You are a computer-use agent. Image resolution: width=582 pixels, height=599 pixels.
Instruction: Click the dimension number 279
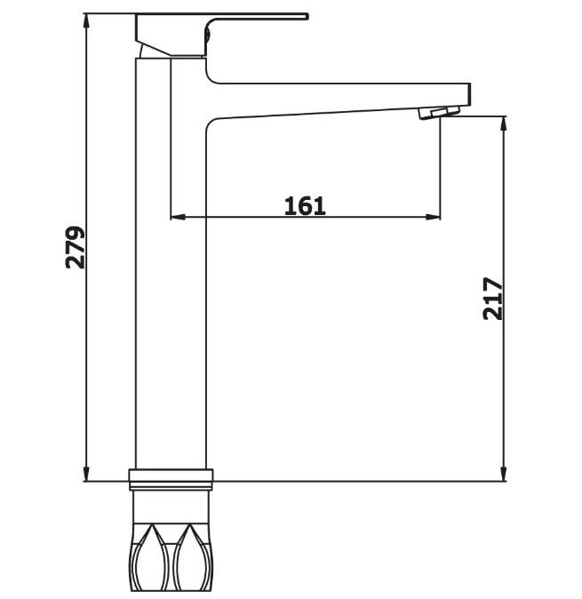coord(76,248)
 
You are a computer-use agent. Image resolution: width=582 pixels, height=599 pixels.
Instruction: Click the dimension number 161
coord(305,206)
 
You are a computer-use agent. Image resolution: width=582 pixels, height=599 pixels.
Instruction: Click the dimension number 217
coord(493,299)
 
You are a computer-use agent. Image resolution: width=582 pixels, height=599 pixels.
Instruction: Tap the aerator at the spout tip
coord(439,113)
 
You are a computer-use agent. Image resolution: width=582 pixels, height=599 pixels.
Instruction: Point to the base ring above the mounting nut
coord(171,479)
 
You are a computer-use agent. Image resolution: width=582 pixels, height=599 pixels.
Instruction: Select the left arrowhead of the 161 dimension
coord(178,217)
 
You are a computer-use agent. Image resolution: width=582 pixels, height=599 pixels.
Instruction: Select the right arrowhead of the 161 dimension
coord(433,217)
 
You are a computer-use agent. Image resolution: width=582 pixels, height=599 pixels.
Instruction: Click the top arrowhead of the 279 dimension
coord(87,21)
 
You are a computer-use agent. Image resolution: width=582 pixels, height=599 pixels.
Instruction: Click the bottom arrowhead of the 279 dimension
coord(87,474)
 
